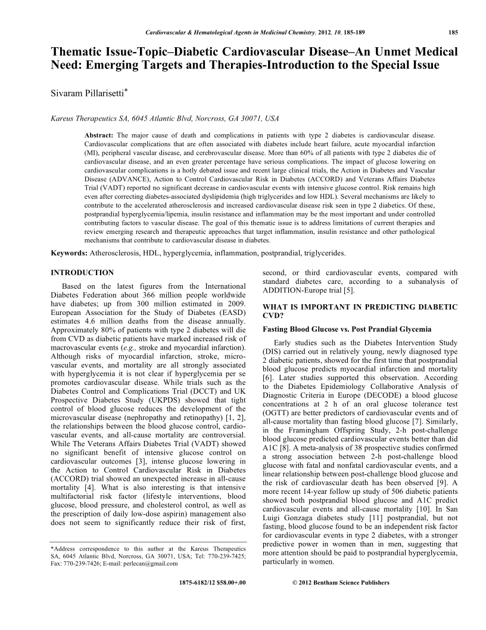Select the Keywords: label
tap(70, 253)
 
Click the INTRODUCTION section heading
tap(82, 273)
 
